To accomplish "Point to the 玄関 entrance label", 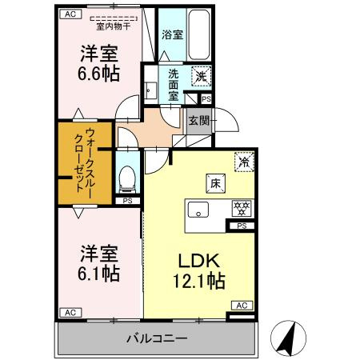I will coord(198,121).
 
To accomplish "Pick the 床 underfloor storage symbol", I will coord(214,182).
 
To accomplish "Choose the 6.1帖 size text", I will coord(99,264).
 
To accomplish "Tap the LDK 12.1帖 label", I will coord(195,270).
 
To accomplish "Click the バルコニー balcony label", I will coord(156,339).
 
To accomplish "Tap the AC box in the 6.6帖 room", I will coord(70,14).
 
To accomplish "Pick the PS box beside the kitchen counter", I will coord(242,227).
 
